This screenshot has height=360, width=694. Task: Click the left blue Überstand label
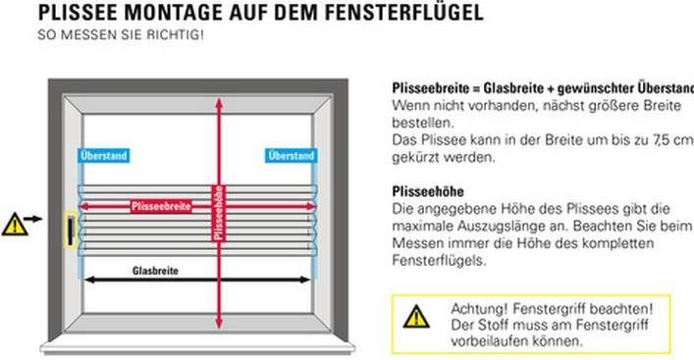[x=103, y=155]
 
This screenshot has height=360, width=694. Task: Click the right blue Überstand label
[x=291, y=155]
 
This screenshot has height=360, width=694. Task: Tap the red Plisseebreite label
[x=161, y=206]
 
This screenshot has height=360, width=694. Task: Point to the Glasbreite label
[x=155, y=270]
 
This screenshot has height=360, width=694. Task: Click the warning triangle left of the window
[x=14, y=224]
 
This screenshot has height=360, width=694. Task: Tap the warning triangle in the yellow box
[x=416, y=316]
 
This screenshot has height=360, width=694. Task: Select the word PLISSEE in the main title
[x=78, y=14]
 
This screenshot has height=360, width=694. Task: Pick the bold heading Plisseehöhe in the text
[x=427, y=191]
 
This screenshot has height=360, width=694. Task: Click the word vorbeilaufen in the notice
[x=488, y=341]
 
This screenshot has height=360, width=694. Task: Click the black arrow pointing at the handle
[x=35, y=219]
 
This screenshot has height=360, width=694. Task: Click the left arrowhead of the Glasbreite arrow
[x=87, y=280]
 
